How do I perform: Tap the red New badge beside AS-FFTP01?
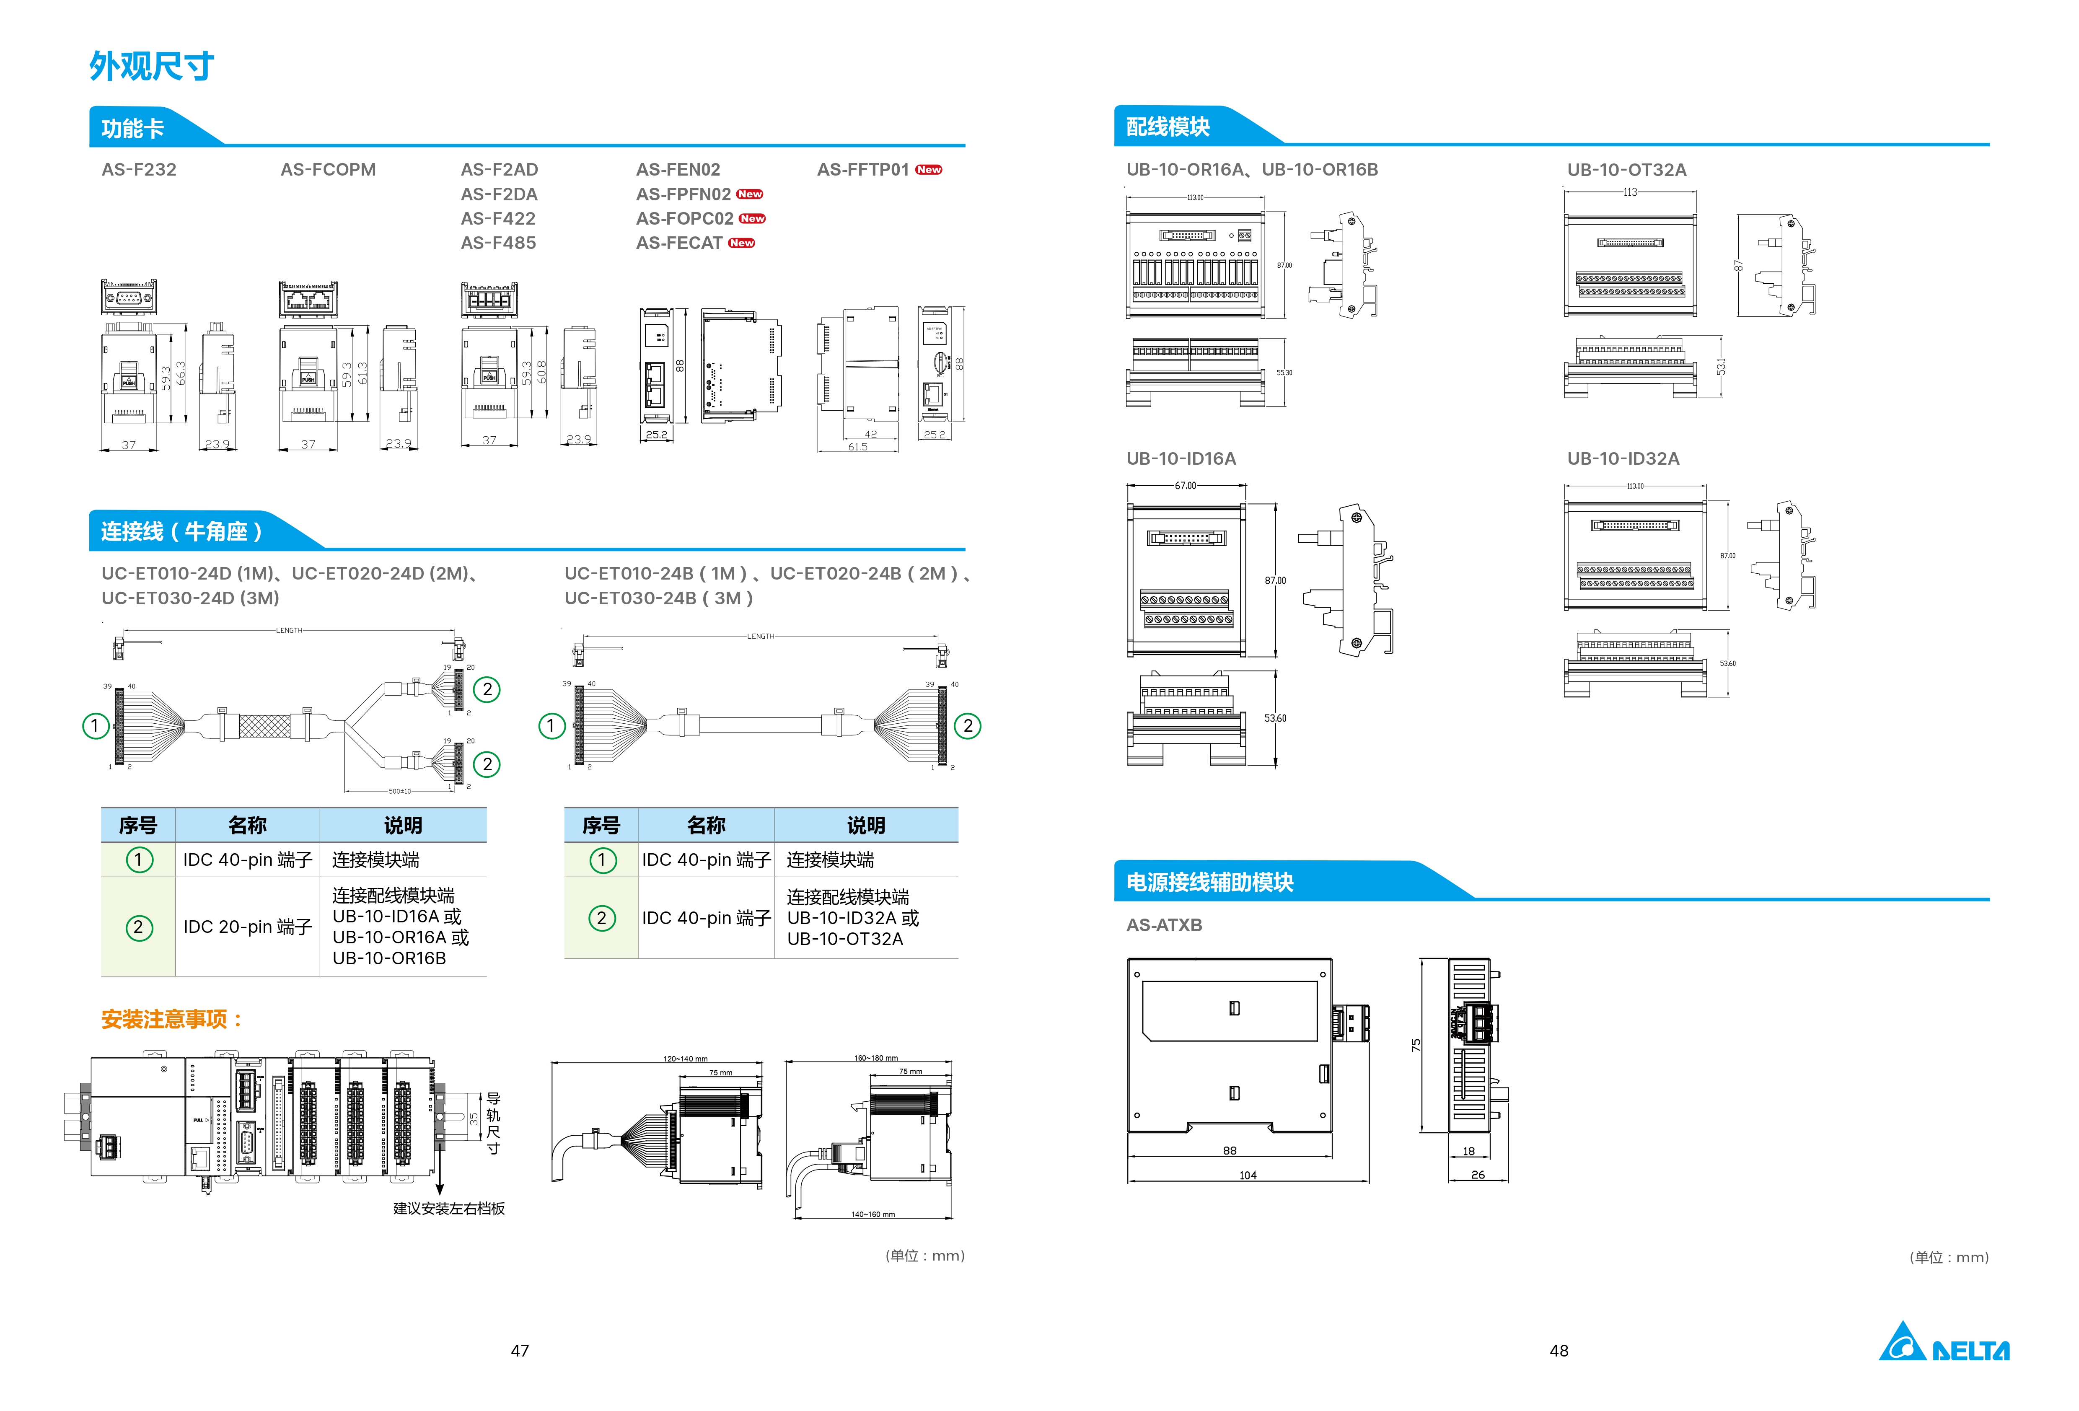929,169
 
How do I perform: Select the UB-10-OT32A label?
1626,169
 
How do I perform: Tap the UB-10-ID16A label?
1181,458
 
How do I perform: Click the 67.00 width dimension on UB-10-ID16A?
1185,486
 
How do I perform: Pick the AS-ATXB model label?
1164,924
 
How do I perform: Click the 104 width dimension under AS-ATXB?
1248,1175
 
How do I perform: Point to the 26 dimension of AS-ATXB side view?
1478,1175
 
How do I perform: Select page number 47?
520,1350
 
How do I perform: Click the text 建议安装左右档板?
449,1208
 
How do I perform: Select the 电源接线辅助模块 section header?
1209,882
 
